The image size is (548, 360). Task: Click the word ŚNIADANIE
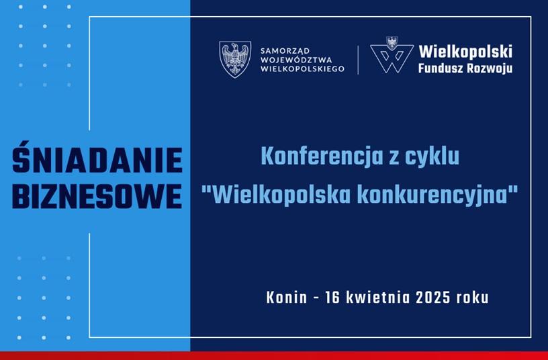[97, 157]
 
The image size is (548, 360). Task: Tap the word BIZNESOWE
[97, 196]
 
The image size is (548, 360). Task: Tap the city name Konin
[287, 298]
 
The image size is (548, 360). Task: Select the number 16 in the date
[332, 298]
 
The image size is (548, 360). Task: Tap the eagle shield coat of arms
[235, 59]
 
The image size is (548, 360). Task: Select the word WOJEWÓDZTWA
[296, 60]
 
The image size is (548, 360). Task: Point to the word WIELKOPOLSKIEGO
[303, 69]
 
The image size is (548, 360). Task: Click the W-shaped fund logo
[392, 55]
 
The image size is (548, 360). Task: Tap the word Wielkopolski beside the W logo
[465, 51]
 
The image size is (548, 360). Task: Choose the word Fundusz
[441, 68]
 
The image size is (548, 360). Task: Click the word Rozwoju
[490, 69]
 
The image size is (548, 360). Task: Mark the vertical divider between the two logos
[358, 60]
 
